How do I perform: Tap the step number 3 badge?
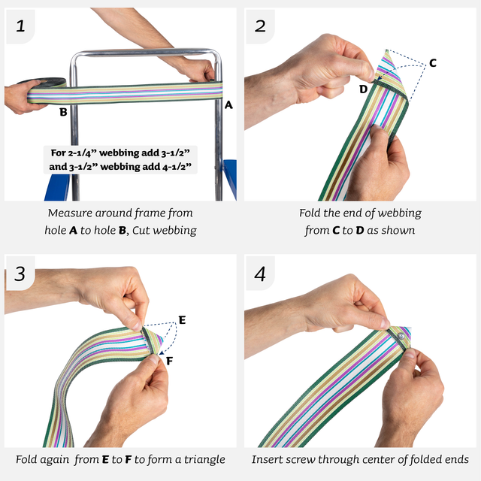click(x=20, y=274)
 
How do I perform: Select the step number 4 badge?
click(x=260, y=274)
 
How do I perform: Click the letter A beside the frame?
click(x=228, y=105)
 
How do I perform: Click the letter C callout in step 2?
click(x=432, y=63)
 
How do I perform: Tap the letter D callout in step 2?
click(x=363, y=89)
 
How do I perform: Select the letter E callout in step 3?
click(x=182, y=319)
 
